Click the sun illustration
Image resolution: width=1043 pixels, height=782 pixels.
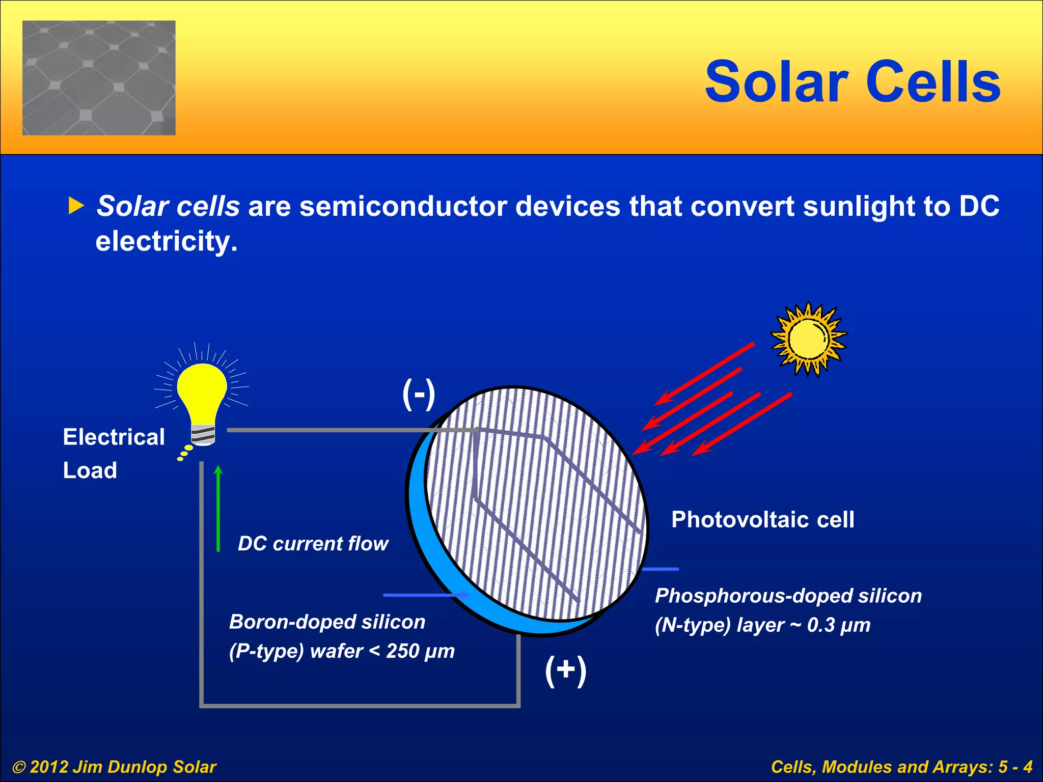(x=809, y=339)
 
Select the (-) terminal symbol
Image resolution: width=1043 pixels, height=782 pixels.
(x=419, y=394)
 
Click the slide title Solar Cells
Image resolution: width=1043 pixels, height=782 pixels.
(x=853, y=82)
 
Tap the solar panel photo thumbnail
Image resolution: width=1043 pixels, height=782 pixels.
(x=99, y=78)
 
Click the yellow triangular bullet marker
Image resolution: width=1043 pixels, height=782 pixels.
(x=76, y=206)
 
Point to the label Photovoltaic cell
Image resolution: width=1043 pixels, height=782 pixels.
(x=762, y=520)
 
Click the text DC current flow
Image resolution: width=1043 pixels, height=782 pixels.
(x=313, y=544)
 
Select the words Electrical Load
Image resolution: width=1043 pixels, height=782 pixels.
(x=113, y=453)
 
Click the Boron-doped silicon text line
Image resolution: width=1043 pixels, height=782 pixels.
(x=327, y=622)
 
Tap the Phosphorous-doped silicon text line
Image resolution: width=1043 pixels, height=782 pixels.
(x=788, y=596)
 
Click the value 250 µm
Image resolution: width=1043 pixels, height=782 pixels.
(x=420, y=651)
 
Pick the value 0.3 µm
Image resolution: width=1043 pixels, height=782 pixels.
(x=838, y=625)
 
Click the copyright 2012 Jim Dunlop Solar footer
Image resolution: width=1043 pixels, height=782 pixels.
(x=115, y=767)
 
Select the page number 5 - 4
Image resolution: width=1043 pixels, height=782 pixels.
(x=1015, y=767)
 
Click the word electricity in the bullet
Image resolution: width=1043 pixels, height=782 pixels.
(x=166, y=241)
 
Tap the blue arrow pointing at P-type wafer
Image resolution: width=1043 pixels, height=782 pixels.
(x=426, y=595)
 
